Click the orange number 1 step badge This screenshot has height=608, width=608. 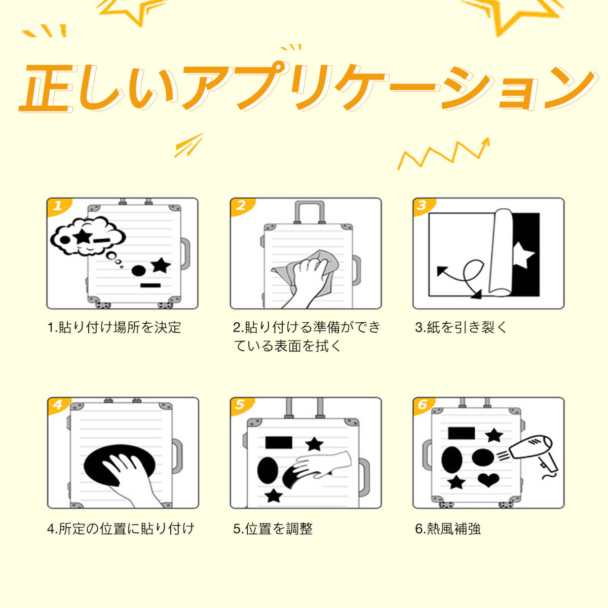(58, 207)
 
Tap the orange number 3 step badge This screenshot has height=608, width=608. (424, 207)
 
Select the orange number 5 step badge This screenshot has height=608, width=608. (241, 405)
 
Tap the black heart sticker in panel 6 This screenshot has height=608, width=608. (488, 480)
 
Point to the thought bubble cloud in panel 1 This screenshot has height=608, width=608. (88, 237)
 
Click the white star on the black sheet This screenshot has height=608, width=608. (522, 255)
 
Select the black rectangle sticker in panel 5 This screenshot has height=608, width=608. (279, 442)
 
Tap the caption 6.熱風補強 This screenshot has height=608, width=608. (448, 529)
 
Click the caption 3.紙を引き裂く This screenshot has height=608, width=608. (461, 327)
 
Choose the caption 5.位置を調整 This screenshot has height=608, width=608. (273, 529)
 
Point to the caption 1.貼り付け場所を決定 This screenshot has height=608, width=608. (114, 327)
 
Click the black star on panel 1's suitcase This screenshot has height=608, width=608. (161, 265)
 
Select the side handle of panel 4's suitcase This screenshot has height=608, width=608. (177, 455)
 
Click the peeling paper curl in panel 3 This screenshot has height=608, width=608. (501, 252)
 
